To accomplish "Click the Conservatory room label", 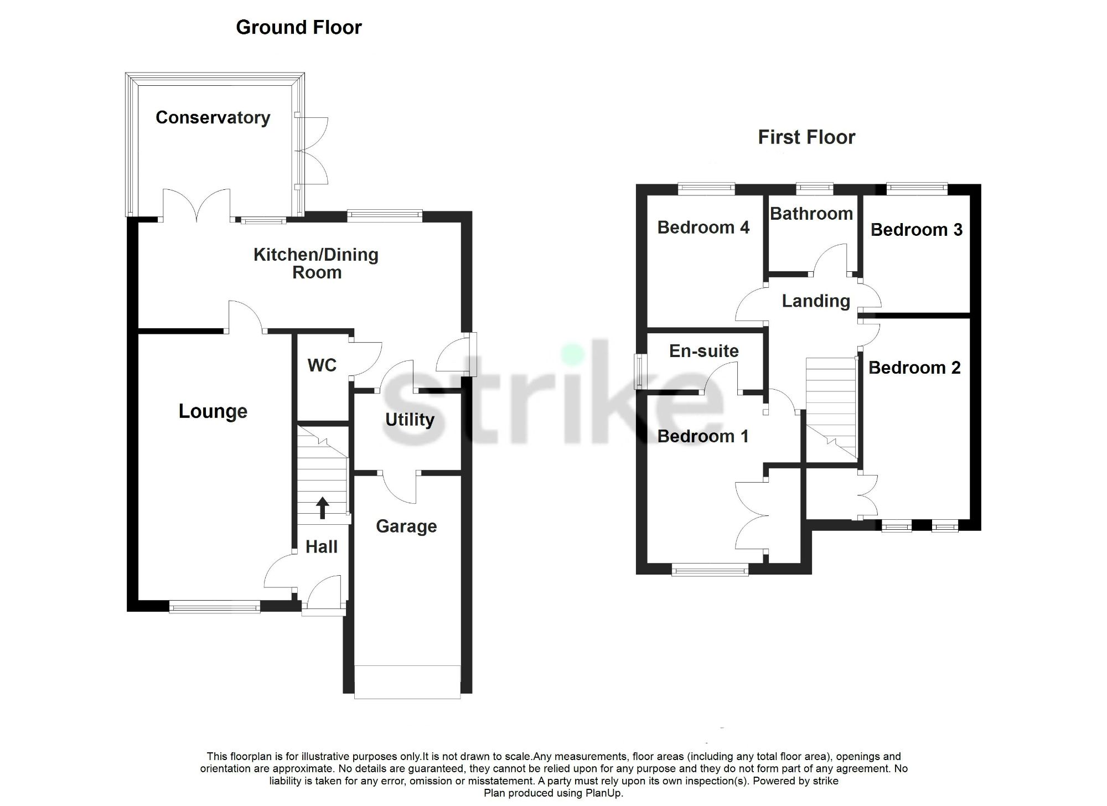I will [213, 118].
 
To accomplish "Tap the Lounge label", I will [213, 411].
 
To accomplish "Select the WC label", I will [322, 365].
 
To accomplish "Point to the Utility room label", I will [410, 420].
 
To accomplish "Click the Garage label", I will [406, 526].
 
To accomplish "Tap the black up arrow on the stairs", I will [322, 508].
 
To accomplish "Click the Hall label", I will [322, 547].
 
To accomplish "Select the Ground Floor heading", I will [298, 27].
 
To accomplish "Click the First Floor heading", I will [806, 137].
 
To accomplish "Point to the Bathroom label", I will [811, 214].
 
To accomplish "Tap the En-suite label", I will [703, 351].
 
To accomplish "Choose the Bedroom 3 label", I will [916, 230].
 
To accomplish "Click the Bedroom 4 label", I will [703, 228].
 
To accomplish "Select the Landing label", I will [815, 301].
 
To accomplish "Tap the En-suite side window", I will [639, 371].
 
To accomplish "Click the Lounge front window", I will [214, 607].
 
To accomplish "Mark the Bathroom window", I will [814, 189].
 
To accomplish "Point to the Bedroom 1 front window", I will [710, 570].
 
